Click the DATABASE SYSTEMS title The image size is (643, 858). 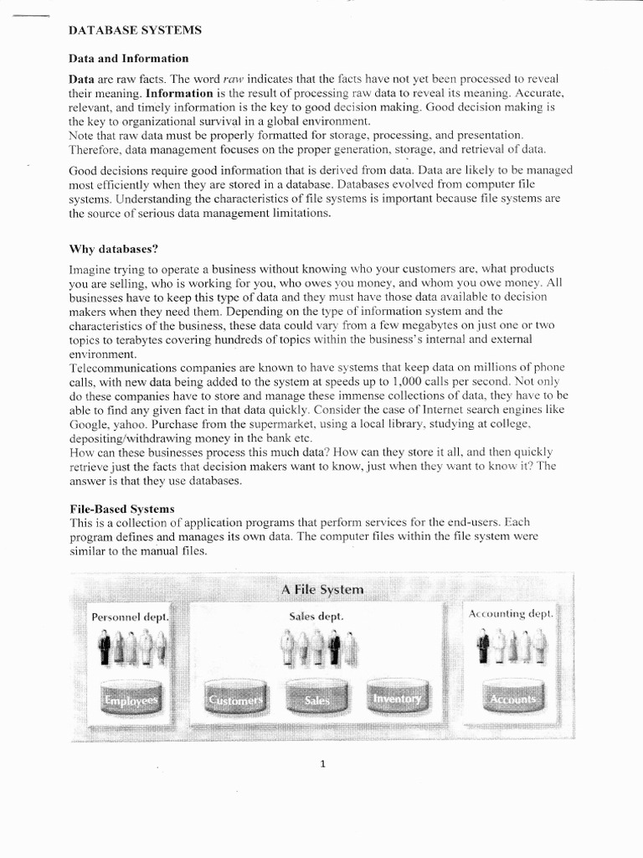click(135, 30)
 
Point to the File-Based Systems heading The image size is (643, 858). click(121, 509)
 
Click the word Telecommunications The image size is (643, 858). click(119, 368)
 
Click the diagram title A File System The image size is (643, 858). click(322, 590)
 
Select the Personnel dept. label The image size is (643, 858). click(130, 617)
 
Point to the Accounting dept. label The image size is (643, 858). click(511, 614)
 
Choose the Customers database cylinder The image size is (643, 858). click(235, 698)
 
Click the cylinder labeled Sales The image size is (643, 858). click(316, 698)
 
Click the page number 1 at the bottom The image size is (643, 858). click(322, 762)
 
